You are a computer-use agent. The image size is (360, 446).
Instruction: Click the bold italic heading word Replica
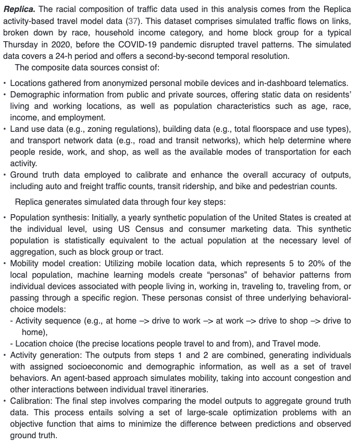[19, 10]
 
